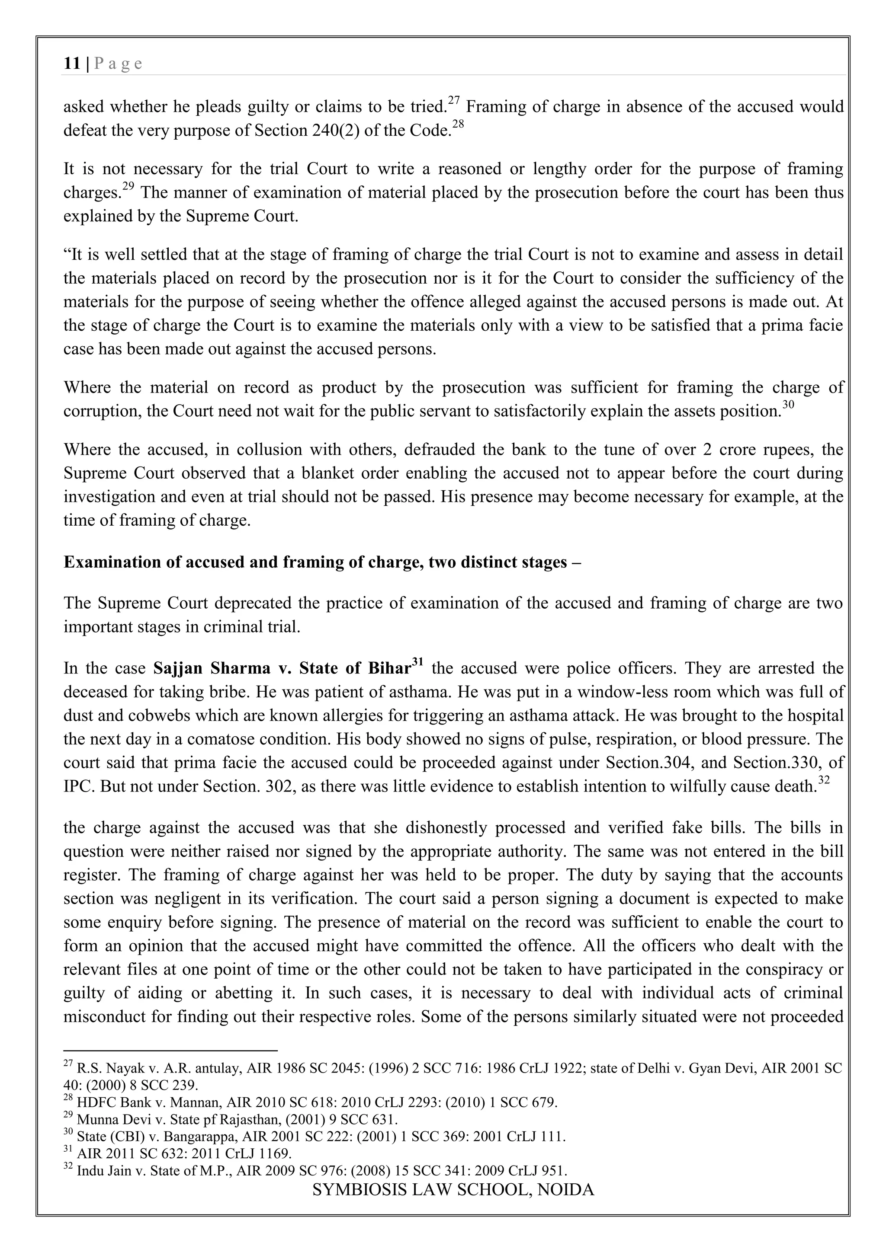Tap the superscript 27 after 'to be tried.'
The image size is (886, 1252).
(453, 100)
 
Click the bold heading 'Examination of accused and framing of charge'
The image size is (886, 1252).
(315, 562)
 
